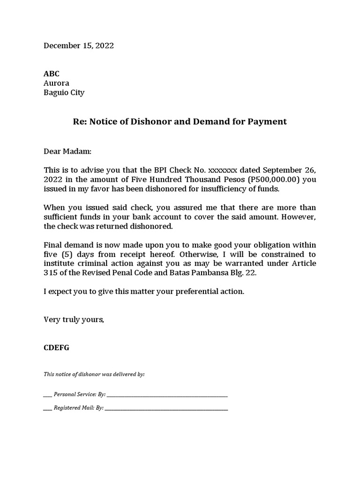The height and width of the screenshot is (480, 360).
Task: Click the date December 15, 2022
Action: pos(79,46)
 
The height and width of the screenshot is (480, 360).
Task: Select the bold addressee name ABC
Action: pos(52,74)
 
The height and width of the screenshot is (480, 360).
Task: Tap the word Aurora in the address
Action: pos(56,83)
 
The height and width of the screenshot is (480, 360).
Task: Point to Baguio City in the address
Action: pos(64,93)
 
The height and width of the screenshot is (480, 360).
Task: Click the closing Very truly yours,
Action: pos(74,320)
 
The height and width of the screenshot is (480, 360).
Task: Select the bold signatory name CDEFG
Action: pos(56,348)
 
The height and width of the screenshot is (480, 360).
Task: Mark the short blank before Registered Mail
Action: pos(47,408)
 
